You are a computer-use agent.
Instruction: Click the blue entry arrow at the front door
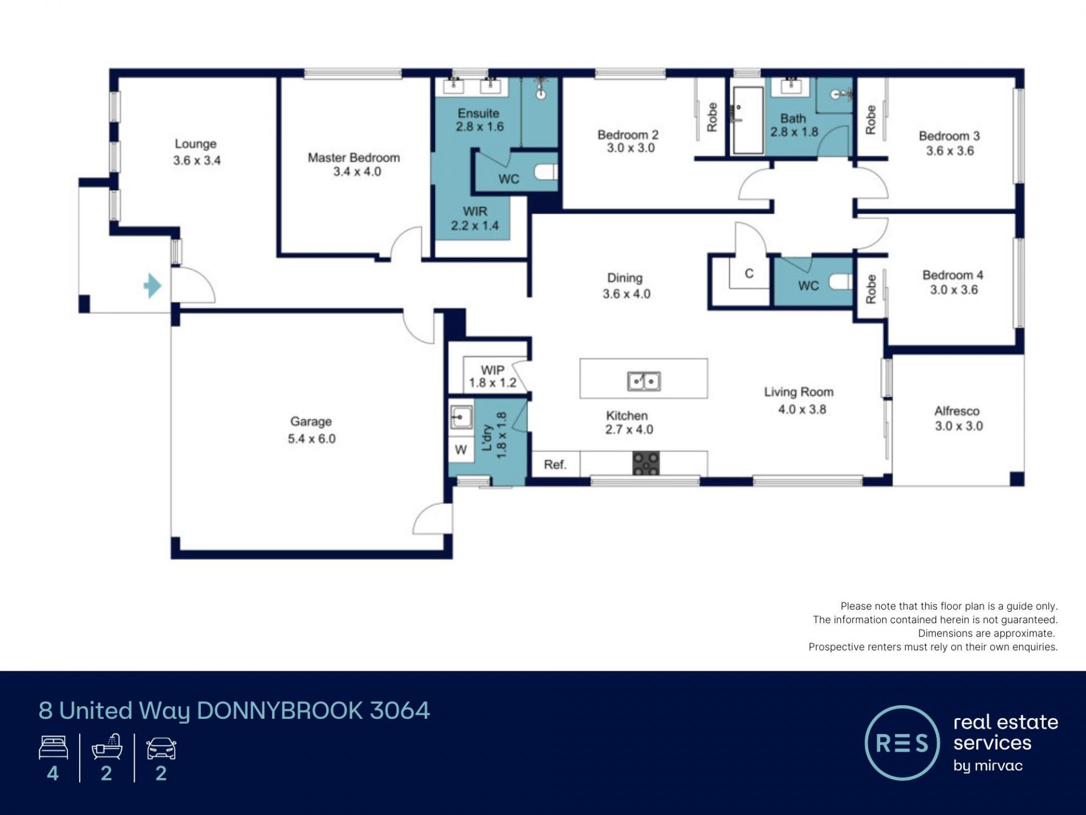(x=153, y=286)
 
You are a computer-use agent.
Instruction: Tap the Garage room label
(x=311, y=422)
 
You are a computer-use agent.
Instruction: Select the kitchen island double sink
(x=644, y=381)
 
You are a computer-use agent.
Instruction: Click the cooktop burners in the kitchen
(x=646, y=463)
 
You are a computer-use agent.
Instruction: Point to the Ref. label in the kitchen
(x=555, y=465)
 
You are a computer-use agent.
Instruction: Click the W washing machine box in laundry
(x=461, y=450)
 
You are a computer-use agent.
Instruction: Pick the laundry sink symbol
(x=461, y=418)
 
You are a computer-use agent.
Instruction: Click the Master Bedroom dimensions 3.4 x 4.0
(x=357, y=171)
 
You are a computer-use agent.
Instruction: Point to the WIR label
(x=475, y=211)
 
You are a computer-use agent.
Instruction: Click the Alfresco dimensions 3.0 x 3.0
(x=959, y=426)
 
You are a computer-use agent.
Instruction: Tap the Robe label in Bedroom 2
(x=712, y=117)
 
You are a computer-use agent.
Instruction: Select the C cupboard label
(x=749, y=274)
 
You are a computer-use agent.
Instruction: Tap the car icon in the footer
(x=161, y=748)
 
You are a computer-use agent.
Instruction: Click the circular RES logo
(x=902, y=743)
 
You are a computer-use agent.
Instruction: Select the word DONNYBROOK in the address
(x=280, y=711)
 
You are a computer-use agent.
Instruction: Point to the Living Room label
(x=799, y=392)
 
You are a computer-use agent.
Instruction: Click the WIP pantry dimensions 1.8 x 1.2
(x=493, y=383)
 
